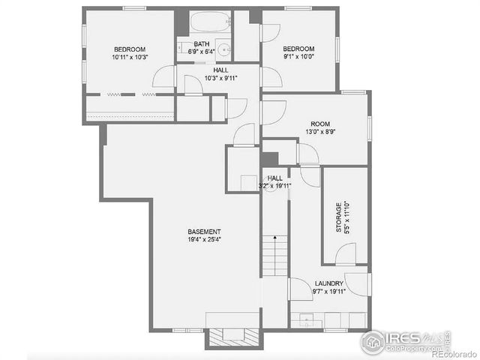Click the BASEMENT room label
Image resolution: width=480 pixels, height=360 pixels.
[204, 232]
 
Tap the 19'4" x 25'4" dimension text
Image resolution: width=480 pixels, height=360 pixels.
[204, 240]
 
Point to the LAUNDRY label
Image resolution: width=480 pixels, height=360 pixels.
[329, 283]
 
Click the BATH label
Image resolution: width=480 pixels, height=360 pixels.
[201, 44]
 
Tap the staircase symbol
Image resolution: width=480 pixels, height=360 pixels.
[274, 255]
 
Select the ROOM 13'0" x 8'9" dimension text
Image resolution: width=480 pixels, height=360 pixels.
[321, 131]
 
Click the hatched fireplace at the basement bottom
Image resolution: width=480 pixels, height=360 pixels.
[233, 337]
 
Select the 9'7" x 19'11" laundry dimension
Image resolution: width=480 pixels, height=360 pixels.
[329, 291]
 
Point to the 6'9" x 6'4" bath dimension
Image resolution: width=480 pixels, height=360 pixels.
[201, 52]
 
